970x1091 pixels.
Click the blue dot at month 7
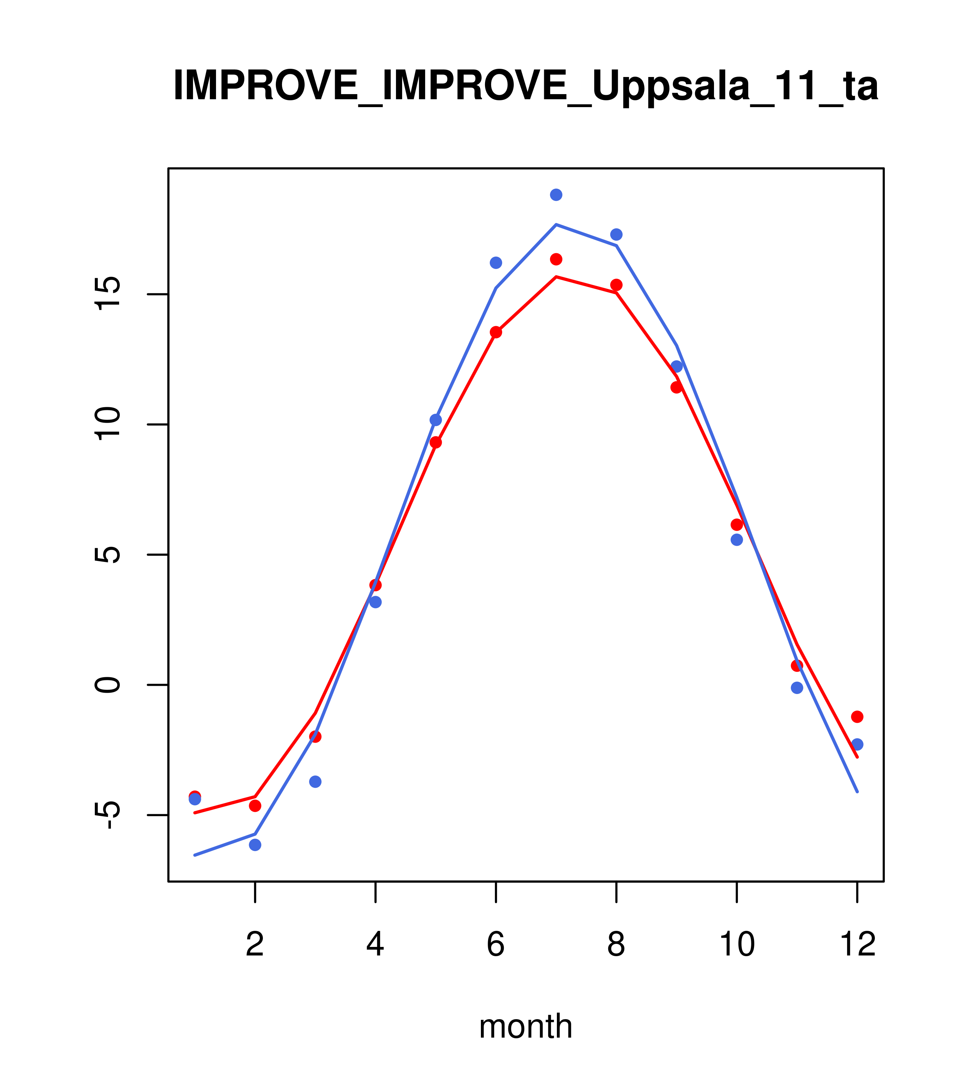pyautogui.click(x=556, y=195)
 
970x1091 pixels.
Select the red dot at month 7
pyautogui.click(x=556, y=259)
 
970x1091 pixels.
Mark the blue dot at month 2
pyautogui.click(x=255, y=845)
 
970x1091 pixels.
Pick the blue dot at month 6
pyautogui.click(x=496, y=262)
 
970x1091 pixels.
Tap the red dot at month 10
pyautogui.click(x=737, y=525)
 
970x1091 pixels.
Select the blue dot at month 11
pyautogui.click(x=797, y=688)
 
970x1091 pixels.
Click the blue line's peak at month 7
pyautogui.click(x=556, y=225)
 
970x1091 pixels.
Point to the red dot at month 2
pyautogui.click(x=255, y=806)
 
